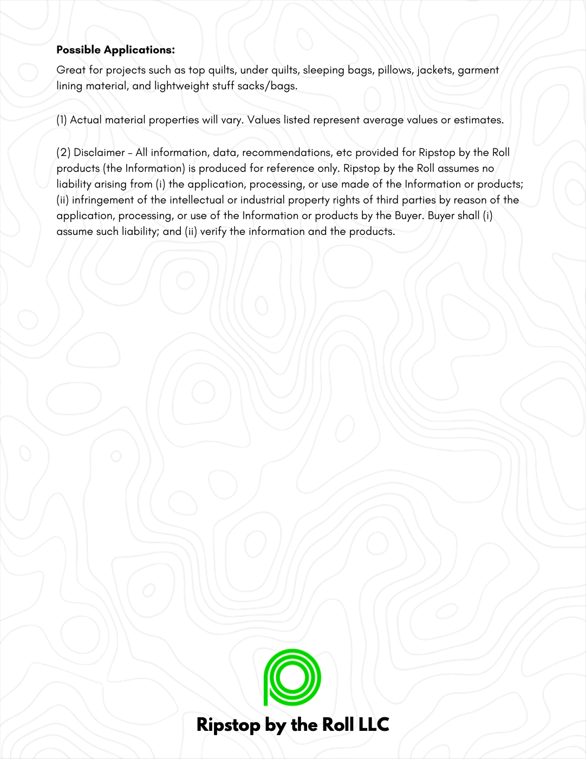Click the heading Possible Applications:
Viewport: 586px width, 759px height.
tap(115, 50)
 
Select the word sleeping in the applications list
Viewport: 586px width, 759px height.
tap(324, 70)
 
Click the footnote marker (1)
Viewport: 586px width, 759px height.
tap(62, 120)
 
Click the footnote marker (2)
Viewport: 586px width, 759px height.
tap(63, 153)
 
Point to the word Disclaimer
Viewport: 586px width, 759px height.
tap(99, 153)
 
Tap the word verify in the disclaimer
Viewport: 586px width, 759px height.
tap(213, 232)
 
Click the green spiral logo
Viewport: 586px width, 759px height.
tap(292, 677)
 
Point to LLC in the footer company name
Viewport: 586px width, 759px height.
tap(374, 724)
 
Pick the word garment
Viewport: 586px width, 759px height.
tap(478, 70)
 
